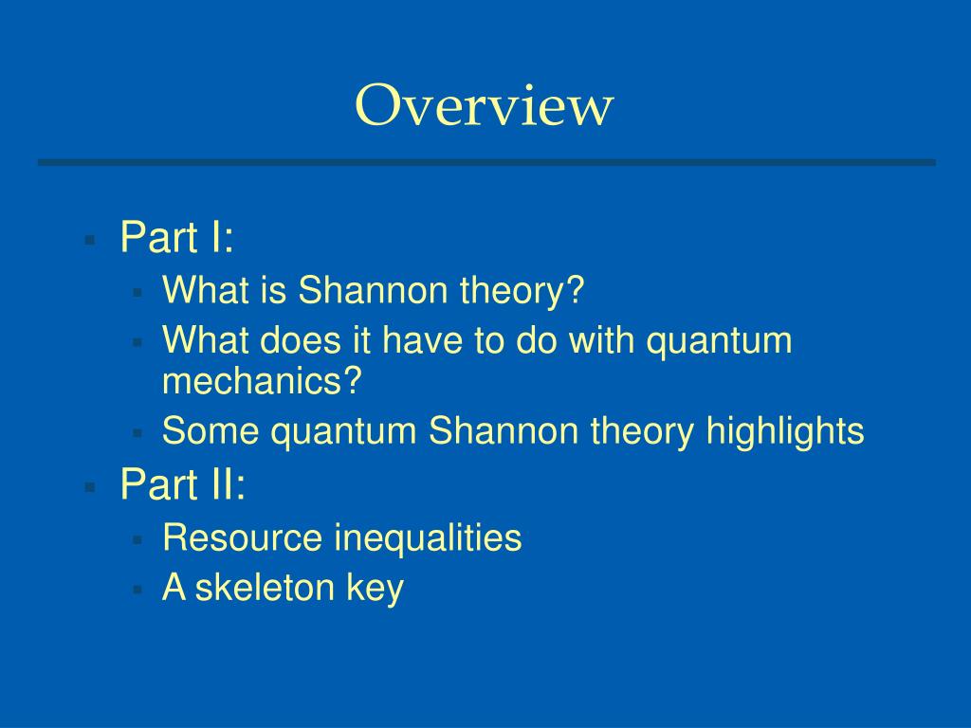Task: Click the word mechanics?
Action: click(264, 381)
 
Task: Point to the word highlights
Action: click(785, 431)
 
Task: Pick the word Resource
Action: click(243, 537)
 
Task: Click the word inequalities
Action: click(428, 537)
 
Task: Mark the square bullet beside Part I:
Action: click(90, 240)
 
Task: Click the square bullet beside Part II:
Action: click(90, 488)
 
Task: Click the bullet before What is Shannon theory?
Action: click(137, 292)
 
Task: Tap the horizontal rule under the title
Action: click(485, 162)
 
